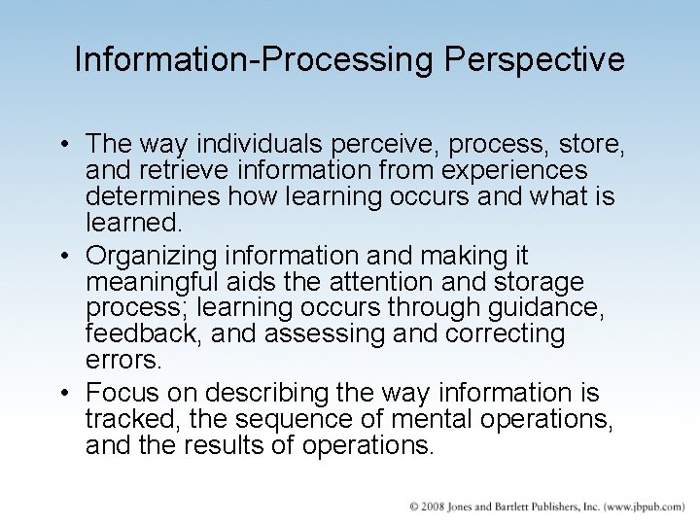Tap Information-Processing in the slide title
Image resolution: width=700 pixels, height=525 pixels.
click(x=256, y=60)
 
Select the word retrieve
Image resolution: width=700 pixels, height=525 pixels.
click(x=179, y=171)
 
